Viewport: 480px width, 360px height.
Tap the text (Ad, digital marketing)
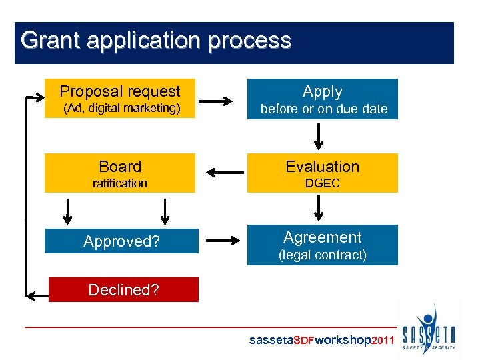pyautogui.click(x=121, y=108)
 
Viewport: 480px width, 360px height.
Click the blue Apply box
pyautogui.click(x=322, y=99)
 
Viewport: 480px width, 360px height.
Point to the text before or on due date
pyautogui.click(x=323, y=109)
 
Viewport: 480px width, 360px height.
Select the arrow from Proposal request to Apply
pyautogui.click(x=215, y=101)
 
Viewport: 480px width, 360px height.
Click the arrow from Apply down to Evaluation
pyautogui.click(x=319, y=136)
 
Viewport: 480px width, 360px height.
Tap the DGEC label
pyautogui.click(x=323, y=183)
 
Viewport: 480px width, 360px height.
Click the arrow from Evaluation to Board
pyautogui.click(x=225, y=173)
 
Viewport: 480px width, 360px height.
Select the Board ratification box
pyautogui.click(x=120, y=173)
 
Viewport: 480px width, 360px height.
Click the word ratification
pyautogui.click(x=120, y=183)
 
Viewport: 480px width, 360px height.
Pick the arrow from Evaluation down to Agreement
pyautogui.click(x=319, y=207)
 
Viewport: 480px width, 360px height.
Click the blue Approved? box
pyautogui.click(x=121, y=241)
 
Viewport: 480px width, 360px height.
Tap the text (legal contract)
pyautogui.click(x=323, y=255)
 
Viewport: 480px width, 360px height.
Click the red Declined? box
pyautogui.click(x=123, y=290)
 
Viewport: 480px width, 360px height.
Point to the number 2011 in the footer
pyautogui.click(x=386, y=341)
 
